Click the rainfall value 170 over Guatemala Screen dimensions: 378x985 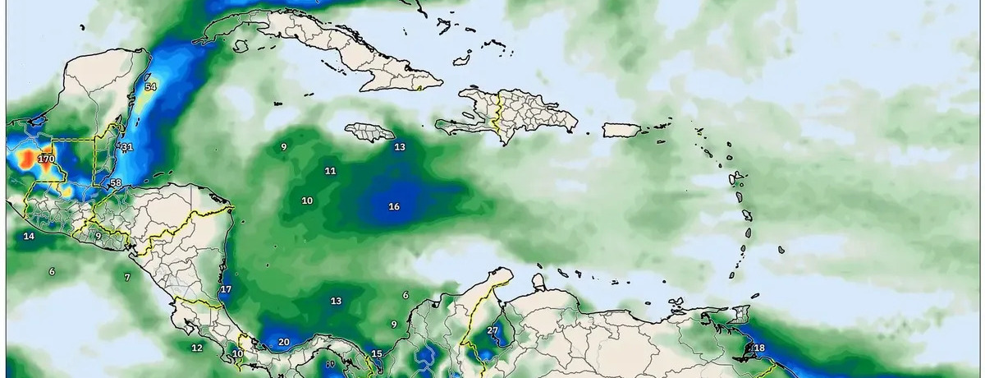[x=46, y=159]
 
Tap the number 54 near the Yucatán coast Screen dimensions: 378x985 [x=150, y=87]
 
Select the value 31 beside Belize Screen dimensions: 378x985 [x=126, y=147]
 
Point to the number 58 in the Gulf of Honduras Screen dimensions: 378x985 [x=116, y=183]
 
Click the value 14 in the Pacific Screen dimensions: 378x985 [x=29, y=237]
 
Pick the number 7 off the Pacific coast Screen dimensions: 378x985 [x=127, y=278]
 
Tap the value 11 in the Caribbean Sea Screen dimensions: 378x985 [x=330, y=171]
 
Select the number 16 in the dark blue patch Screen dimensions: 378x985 [x=394, y=206]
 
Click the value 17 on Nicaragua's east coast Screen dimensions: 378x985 [x=226, y=289]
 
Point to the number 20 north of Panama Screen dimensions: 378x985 [x=284, y=342]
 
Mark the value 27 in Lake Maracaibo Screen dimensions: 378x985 [x=492, y=330]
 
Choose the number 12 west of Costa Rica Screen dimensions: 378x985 [x=197, y=348]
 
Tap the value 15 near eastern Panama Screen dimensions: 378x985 [x=377, y=354]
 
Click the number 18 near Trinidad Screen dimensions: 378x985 [x=759, y=348]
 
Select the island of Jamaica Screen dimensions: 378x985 [x=370, y=131]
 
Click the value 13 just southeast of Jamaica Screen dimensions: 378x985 [x=400, y=147]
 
